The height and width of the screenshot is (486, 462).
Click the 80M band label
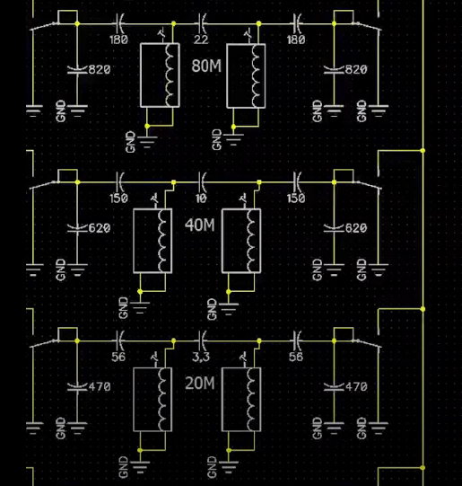click(206, 66)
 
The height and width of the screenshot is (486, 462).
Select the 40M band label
click(199, 225)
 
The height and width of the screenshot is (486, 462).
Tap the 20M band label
click(199, 383)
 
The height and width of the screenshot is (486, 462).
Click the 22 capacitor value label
click(201, 40)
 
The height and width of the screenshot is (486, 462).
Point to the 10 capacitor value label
click(201, 198)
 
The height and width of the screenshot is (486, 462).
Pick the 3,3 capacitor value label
click(201, 357)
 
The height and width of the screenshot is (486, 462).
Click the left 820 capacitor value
click(100, 69)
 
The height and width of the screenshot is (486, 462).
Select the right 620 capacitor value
click(356, 228)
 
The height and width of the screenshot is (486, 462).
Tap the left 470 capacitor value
click(100, 386)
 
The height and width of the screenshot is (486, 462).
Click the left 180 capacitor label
click(118, 40)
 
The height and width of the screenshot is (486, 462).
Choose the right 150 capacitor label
click(296, 198)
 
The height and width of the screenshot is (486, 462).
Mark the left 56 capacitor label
click(118, 357)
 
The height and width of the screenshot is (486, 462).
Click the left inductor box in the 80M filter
click(160, 75)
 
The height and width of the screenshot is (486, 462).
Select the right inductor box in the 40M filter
click(241, 241)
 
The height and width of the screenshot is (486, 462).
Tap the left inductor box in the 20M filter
click(153, 400)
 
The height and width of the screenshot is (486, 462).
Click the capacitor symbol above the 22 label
click(203, 23)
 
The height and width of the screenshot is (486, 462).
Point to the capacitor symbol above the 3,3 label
click(203, 340)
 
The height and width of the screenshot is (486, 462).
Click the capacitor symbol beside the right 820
click(334, 70)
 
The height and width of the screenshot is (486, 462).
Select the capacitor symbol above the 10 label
click(203, 182)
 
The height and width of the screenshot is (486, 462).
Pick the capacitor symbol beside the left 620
click(77, 229)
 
